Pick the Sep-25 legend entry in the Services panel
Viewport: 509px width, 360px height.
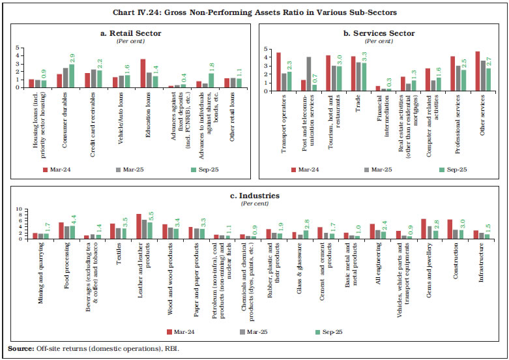[451, 172]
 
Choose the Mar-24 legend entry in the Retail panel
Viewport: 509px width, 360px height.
[66, 172]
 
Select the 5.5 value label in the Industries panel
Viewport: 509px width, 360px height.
[151, 215]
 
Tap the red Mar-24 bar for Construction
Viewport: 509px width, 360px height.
[450, 229]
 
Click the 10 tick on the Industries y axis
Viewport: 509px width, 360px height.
[19, 209]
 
